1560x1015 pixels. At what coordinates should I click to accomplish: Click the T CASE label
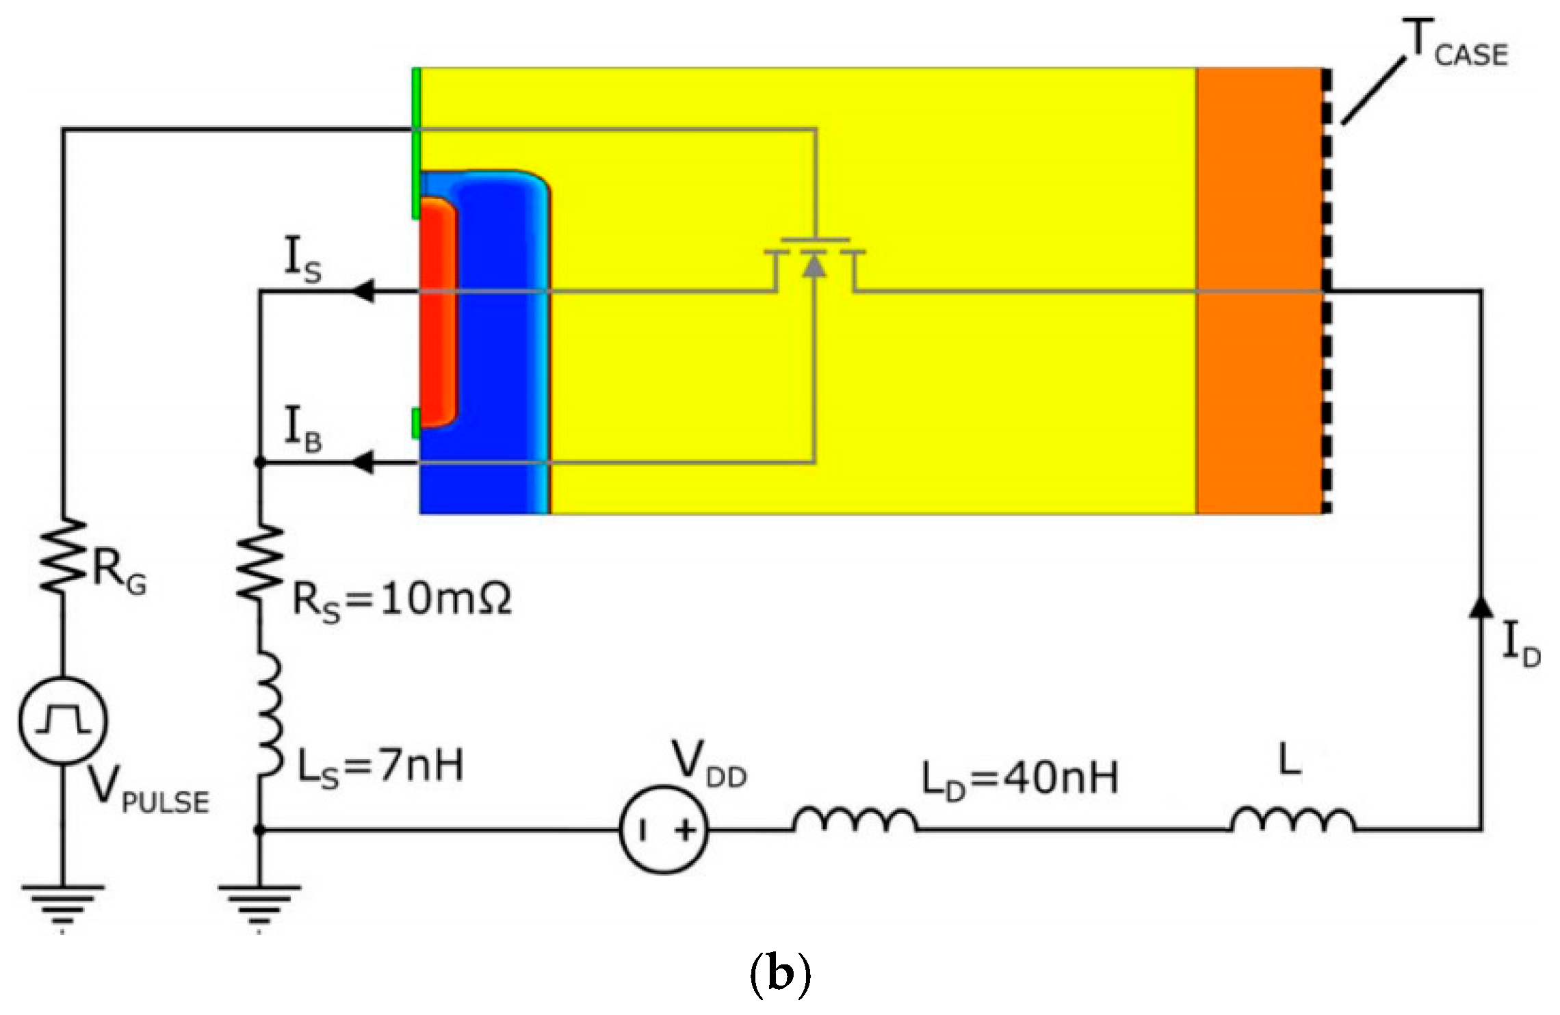click(x=1454, y=44)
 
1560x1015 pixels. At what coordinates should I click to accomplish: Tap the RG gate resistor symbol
click(x=63, y=555)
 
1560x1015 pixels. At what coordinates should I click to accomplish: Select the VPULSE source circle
click(x=63, y=720)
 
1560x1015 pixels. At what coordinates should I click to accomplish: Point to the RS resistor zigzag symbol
click(x=259, y=563)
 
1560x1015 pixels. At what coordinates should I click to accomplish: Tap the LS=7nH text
click(x=380, y=766)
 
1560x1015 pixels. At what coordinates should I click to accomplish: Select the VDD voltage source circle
click(x=664, y=830)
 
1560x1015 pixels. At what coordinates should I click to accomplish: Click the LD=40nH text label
click(x=1019, y=778)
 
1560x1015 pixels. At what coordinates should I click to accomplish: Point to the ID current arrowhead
click(x=1481, y=607)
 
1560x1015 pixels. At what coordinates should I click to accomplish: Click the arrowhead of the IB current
click(x=363, y=463)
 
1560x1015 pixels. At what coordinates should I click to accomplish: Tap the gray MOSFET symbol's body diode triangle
click(x=814, y=264)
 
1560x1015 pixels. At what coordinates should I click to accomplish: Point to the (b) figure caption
click(x=780, y=975)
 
